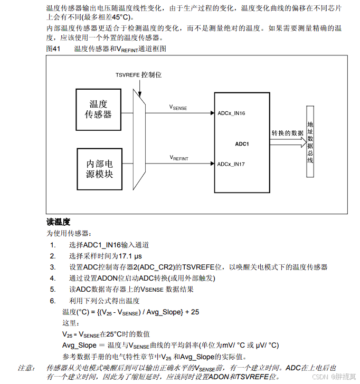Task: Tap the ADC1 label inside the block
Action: click(242, 143)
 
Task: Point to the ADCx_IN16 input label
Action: click(231, 113)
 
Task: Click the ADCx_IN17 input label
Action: click(231, 164)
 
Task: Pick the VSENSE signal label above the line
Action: click(178, 107)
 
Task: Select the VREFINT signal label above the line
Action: click(178, 158)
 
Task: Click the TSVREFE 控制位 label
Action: click(138, 75)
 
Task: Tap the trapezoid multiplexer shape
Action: click(140, 138)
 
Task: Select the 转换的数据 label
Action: click(288, 133)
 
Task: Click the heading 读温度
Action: click(58, 222)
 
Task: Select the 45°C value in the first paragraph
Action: click(120, 17)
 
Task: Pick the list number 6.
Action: click(53, 301)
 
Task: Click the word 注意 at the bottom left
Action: click(26, 368)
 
